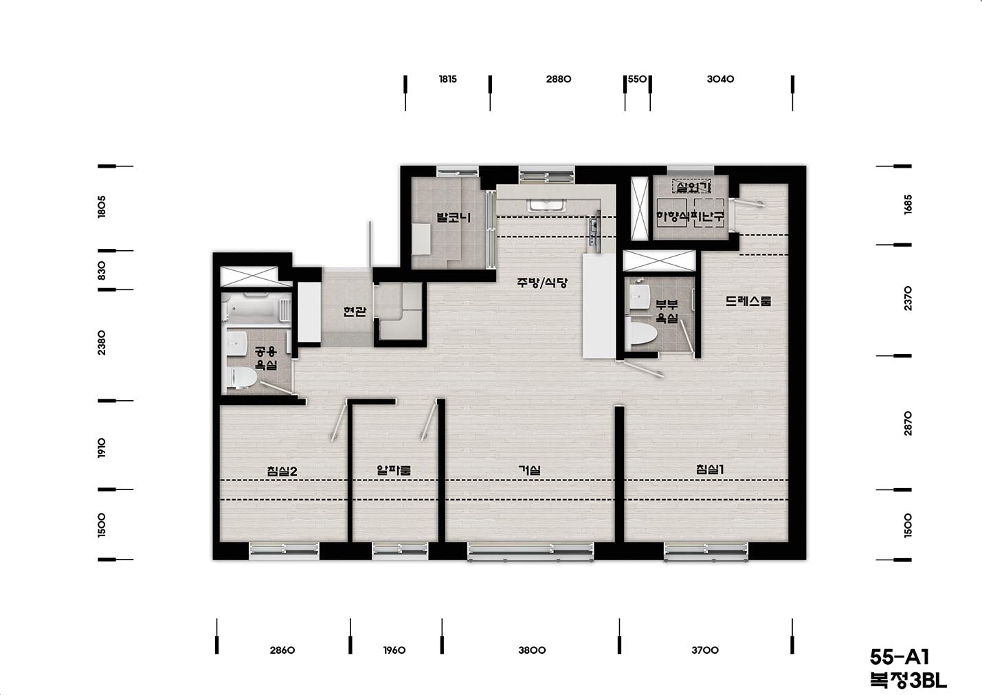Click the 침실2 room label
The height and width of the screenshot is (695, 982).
(x=282, y=472)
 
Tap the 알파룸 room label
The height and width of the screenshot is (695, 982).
(x=394, y=470)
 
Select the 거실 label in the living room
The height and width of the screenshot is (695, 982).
(x=530, y=470)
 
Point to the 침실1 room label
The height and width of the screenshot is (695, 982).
(x=710, y=470)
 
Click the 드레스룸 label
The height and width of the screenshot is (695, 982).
(x=748, y=301)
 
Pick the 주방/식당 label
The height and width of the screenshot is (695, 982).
(x=542, y=283)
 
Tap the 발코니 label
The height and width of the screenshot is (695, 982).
(x=454, y=217)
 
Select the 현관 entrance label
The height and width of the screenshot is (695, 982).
(x=355, y=311)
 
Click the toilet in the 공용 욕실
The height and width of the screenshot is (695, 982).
(x=243, y=377)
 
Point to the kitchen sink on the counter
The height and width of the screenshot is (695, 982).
(x=547, y=206)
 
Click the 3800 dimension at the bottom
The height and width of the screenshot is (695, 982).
(x=532, y=650)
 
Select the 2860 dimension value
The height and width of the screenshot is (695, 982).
(x=282, y=650)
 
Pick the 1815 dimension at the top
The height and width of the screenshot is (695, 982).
(x=447, y=79)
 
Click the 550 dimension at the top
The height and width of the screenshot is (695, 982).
(x=638, y=79)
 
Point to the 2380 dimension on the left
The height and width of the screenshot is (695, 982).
(x=101, y=343)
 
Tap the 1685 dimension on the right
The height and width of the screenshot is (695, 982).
(x=908, y=204)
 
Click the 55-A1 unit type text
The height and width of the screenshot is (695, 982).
(x=900, y=657)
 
